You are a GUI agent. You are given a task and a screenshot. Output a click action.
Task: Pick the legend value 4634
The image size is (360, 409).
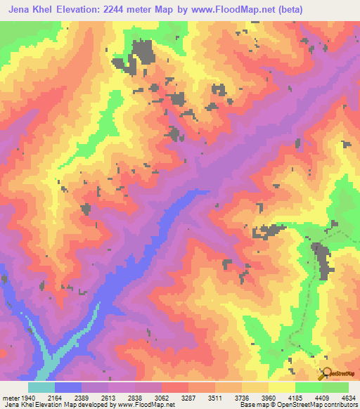tap(347, 398)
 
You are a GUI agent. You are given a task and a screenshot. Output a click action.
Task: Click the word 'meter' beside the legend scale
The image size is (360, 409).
tap(10, 398)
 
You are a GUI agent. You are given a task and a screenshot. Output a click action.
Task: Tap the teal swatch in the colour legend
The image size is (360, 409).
tap(41, 387)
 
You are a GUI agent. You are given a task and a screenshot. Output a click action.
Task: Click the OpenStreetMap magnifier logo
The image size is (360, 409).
tap(326, 373)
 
